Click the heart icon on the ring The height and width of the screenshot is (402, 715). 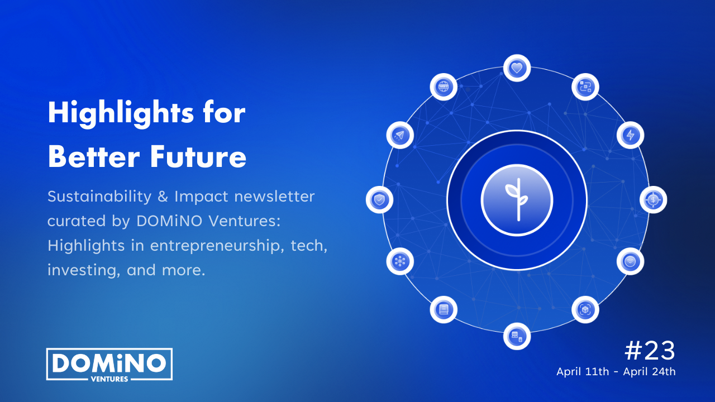[x=517, y=68]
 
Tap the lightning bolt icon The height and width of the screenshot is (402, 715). [x=631, y=135]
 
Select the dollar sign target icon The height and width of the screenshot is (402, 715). [x=653, y=200]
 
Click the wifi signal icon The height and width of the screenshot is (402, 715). [x=631, y=262]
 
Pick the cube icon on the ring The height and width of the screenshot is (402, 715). [x=585, y=309]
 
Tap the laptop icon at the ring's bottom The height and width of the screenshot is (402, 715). [x=517, y=336]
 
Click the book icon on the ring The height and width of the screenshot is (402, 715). [x=444, y=309]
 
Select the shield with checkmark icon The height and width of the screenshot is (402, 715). [x=379, y=200]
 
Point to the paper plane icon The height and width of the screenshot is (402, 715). [x=400, y=135]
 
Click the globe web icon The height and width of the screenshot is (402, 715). [x=444, y=87]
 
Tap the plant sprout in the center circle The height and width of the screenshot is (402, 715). [x=517, y=200]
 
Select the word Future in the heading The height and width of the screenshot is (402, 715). [x=198, y=157]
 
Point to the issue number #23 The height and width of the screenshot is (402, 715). [x=650, y=351]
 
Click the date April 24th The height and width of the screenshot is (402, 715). [x=649, y=372]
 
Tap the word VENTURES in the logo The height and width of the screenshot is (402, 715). [x=109, y=379]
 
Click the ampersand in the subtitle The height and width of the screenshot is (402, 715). [x=163, y=196]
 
